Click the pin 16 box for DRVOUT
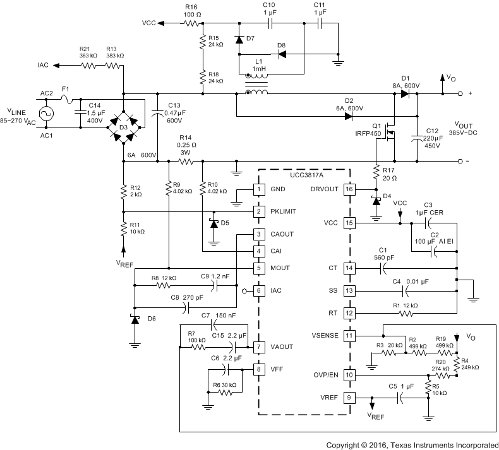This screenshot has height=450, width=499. coord(349,189)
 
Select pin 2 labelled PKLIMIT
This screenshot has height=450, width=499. coord(258,211)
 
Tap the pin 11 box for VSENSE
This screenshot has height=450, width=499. coord(349,336)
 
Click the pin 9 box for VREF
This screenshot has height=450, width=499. coord(349,398)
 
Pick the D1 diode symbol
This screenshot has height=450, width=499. coord(404,94)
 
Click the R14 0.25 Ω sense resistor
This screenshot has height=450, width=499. coord(186,161)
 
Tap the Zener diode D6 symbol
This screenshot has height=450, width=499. coord(135,319)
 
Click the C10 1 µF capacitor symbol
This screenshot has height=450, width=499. coord(269,23)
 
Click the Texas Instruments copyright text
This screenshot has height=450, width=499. coord(411,444)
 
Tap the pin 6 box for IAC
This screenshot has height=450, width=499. coord(258,291)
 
